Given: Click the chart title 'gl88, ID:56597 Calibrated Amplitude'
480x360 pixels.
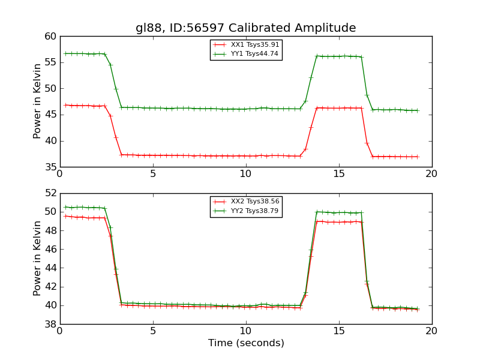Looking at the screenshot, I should (245, 28).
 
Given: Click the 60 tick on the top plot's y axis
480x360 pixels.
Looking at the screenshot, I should (50, 37).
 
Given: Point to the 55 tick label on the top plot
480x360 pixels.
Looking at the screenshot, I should (50, 62).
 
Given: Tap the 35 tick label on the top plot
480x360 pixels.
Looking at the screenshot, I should (50, 167).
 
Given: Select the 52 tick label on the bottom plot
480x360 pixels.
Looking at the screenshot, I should (50, 193).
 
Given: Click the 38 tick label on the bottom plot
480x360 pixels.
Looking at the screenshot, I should (50, 324).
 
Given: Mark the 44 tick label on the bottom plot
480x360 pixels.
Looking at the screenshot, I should (50, 268).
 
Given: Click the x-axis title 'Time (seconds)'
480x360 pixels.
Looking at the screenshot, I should (246, 343).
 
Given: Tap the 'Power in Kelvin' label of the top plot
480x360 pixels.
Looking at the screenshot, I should (38, 101).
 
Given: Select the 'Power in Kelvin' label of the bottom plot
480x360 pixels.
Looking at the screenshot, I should (38, 258).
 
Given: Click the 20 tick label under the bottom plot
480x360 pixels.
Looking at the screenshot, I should (431, 331).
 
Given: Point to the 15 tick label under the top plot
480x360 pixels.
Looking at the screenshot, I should (338, 175).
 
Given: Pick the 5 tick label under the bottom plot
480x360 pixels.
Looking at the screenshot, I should (153, 331).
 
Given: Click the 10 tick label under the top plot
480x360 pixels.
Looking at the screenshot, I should (245, 175).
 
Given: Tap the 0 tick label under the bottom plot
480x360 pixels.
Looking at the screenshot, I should (60, 331).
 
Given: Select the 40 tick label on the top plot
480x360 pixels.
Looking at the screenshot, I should (50, 141).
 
